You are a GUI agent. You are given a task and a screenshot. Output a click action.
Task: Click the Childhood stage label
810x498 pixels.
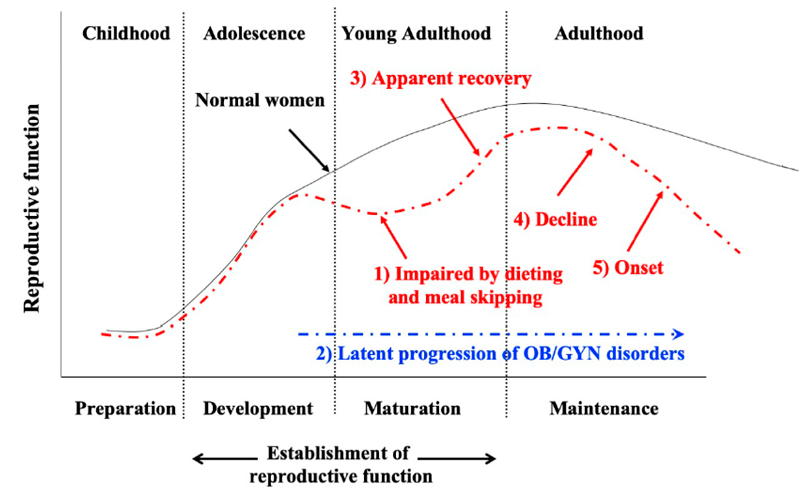[x=126, y=34]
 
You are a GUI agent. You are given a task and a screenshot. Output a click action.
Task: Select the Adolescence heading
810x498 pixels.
[x=254, y=34]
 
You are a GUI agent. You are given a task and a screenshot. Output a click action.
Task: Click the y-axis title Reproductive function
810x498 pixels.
[x=32, y=208]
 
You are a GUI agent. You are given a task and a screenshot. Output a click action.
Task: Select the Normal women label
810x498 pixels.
[x=260, y=100]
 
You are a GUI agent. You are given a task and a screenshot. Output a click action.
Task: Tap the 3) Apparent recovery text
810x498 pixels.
[x=440, y=79]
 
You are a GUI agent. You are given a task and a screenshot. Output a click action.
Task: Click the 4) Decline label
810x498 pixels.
[x=555, y=220]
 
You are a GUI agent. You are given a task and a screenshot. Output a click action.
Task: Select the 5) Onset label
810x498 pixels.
[x=628, y=268]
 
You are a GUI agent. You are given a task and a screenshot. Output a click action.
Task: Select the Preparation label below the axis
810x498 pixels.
[x=125, y=409]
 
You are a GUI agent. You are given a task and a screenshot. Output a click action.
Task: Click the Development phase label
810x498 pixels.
[x=258, y=409]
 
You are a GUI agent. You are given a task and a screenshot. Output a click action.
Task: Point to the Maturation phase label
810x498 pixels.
[x=412, y=409]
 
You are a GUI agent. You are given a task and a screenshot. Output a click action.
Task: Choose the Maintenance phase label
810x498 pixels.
[x=604, y=409]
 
